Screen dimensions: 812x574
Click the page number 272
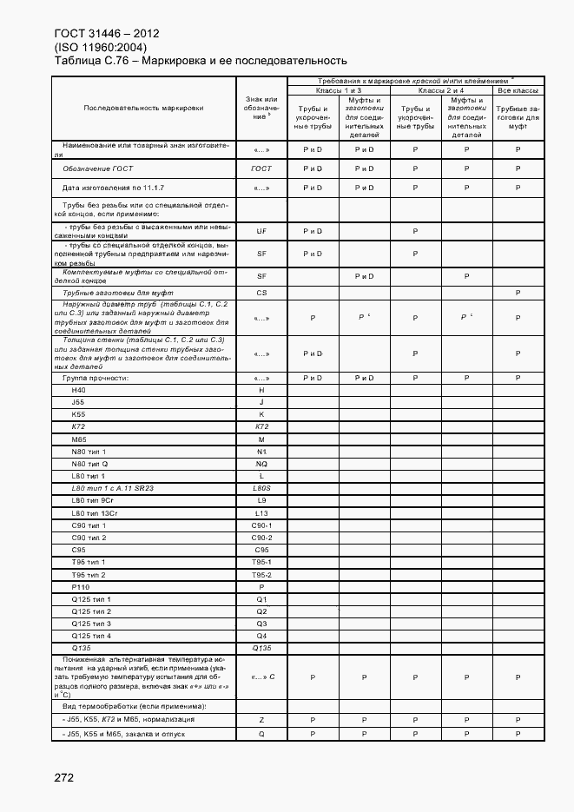click(x=63, y=778)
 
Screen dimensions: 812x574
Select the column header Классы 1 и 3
click(x=339, y=90)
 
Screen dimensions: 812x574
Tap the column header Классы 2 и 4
click(x=441, y=90)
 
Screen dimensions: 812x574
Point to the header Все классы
click(x=518, y=90)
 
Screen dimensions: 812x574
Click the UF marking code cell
click(x=261, y=232)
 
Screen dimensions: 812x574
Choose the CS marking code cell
click(x=261, y=294)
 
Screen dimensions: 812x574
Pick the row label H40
click(x=80, y=391)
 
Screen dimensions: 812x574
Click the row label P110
click(x=82, y=587)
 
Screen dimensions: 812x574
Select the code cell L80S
click(x=261, y=489)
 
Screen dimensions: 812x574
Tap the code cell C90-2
click(x=261, y=538)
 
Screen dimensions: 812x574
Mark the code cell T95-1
click(x=261, y=563)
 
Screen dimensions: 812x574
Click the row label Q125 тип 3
click(x=92, y=624)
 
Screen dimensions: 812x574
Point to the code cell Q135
click(x=261, y=648)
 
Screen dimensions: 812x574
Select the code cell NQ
click(x=261, y=465)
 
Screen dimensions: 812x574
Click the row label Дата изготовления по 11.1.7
click(x=113, y=188)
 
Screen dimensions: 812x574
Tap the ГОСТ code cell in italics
click(x=261, y=168)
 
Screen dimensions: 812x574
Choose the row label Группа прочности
click(x=95, y=379)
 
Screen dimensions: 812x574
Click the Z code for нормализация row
click(x=261, y=720)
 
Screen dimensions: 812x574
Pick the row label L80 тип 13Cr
click(x=93, y=513)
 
